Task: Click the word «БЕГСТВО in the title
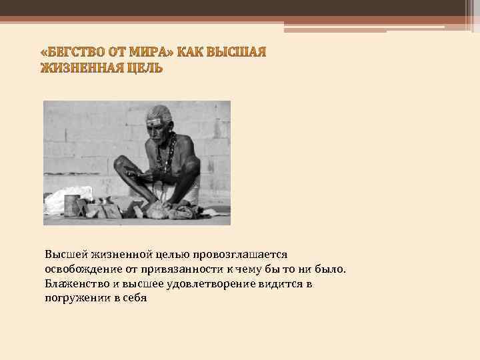[73, 54]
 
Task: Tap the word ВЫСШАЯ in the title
[238, 54]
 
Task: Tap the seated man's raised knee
[126, 163]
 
